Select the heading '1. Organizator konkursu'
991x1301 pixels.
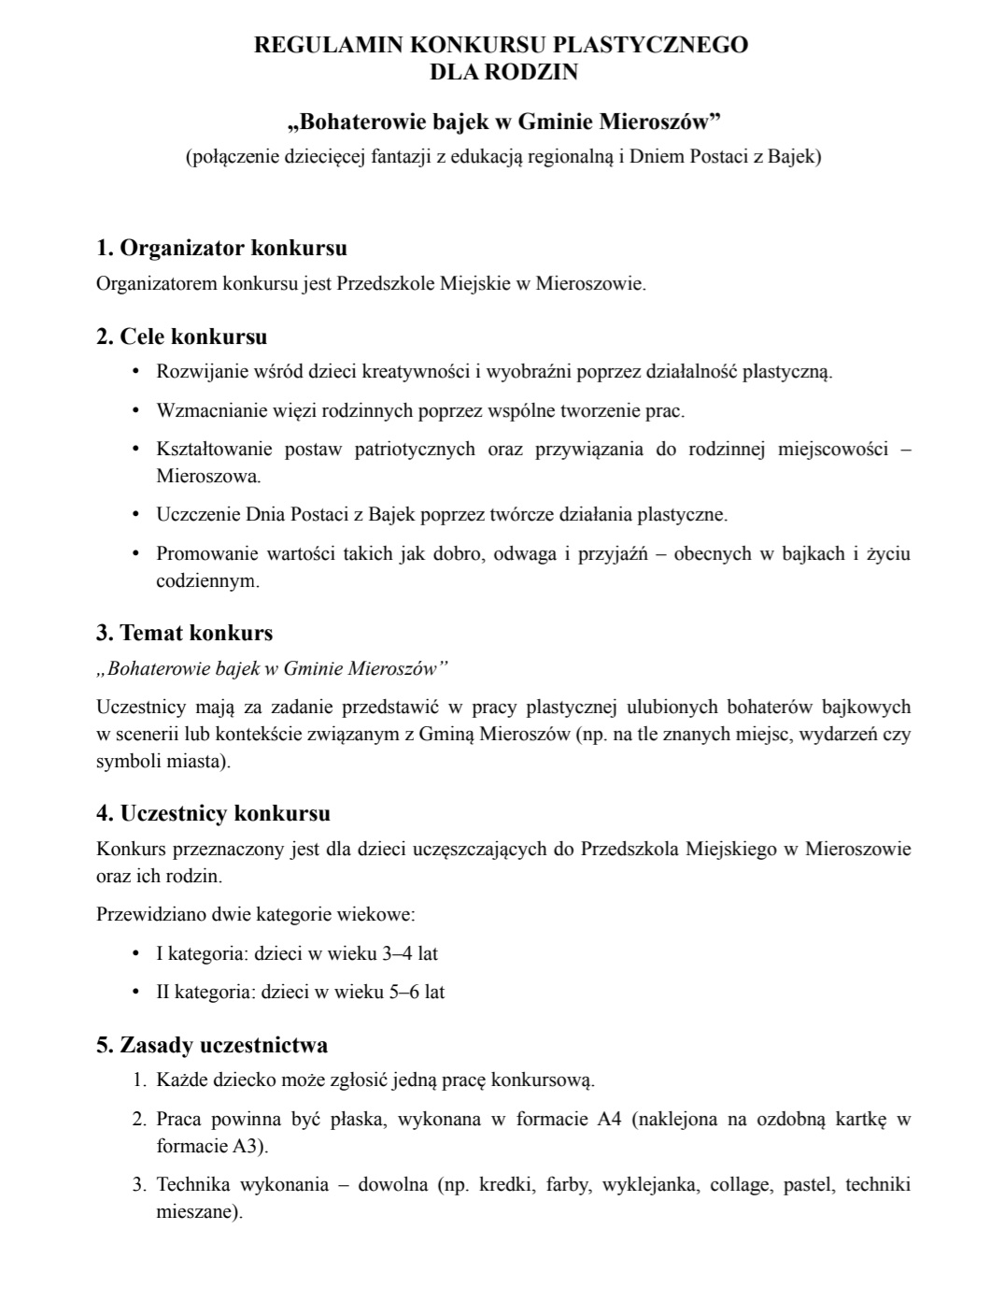click(x=221, y=248)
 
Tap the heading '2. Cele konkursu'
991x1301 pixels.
click(x=181, y=336)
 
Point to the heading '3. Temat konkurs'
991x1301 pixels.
click(x=184, y=633)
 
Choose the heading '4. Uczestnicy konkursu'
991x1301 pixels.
click(x=213, y=813)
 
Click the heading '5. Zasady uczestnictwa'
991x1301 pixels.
click(x=211, y=1044)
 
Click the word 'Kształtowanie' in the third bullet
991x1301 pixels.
click(x=213, y=450)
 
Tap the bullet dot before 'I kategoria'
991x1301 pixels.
click(x=136, y=953)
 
